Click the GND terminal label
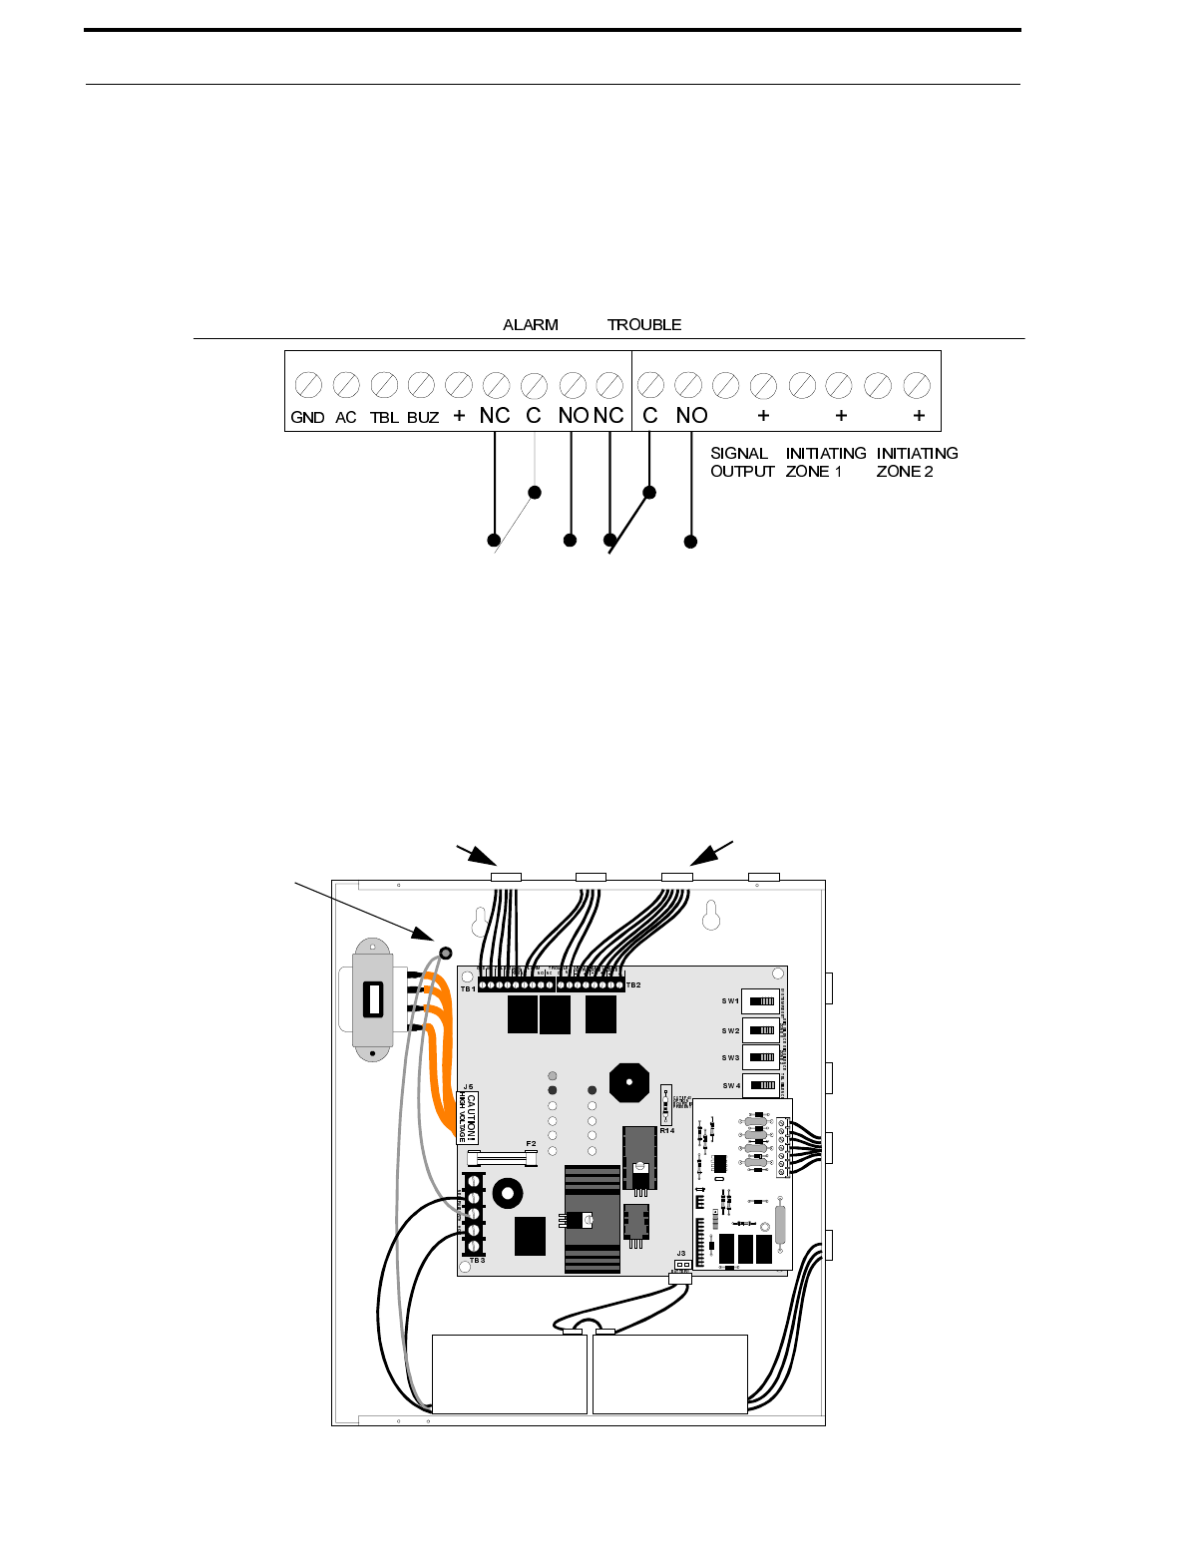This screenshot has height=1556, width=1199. pyautogui.click(x=307, y=418)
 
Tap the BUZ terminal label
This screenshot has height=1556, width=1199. pyautogui.click(x=423, y=418)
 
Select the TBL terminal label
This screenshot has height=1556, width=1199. pyautogui.click(x=384, y=418)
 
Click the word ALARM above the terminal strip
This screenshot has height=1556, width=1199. pyautogui.click(x=531, y=325)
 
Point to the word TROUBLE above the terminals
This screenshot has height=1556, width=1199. pyautogui.click(x=644, y=325)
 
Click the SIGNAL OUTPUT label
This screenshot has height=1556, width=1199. pyautogui.click(x=741, y=462)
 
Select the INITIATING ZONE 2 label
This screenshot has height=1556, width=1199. pyautogui.click(x=917, y=462)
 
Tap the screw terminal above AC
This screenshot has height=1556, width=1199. pyautogui.click(x=346, y=384)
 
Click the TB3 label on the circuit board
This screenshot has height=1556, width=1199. pyautogui.click(x=477, y=1261)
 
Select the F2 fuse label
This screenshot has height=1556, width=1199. pyautogui.click(x=531, y=1144)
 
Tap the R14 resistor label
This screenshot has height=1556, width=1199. pyautogui.click(x=666, y=1131)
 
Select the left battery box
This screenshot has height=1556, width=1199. pyautogui.click(x=509, y=1374)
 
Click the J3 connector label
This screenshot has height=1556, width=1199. pyautogui.click(x=681, y=1254)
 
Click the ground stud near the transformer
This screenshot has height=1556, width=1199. pyautogui.click(x=445, y=954)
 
